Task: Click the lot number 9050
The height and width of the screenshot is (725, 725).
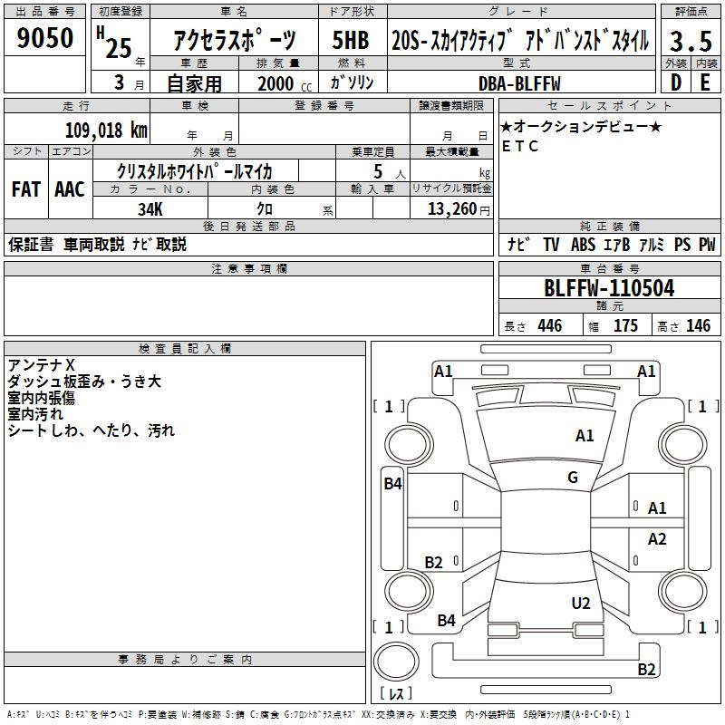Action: [x=44, y=37]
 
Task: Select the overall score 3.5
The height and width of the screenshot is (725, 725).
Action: [x=691, y=42]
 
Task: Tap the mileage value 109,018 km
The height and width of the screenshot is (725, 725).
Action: [x=106, y=130]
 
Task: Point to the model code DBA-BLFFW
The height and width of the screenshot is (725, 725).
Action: [x=519, y=83]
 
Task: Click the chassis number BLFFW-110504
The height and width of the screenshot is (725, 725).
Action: [x=609, y=288]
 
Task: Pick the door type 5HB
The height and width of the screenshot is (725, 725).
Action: [x=351, y=40]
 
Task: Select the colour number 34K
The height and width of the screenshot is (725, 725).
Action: [x=150, y=209]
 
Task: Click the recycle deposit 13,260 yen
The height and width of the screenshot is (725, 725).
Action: [x=459, y=209]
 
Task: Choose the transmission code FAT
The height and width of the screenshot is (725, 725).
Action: [x=26, y=189]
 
